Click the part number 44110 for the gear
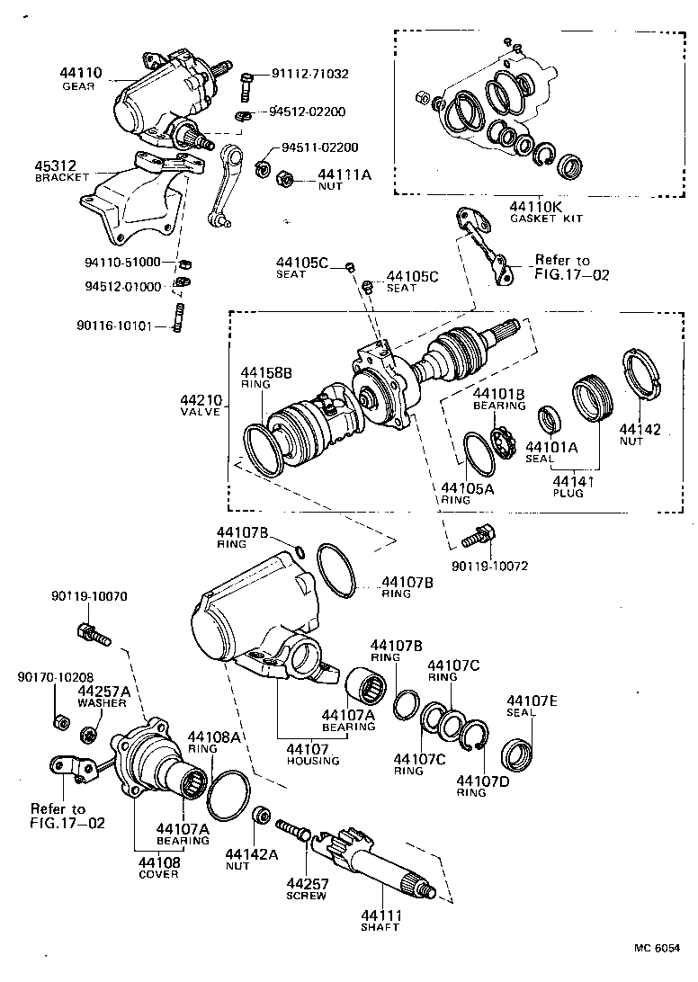click(81, 73)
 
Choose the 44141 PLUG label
click(568, 487)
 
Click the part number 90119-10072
click(489, 568)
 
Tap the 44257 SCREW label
click(306, 888)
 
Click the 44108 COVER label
click(158, 867)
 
